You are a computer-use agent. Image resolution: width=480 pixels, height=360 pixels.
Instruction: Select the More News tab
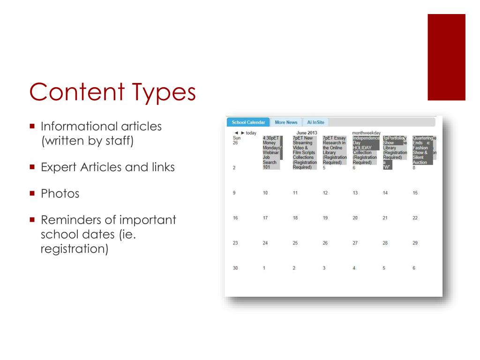click(x=286, y=122)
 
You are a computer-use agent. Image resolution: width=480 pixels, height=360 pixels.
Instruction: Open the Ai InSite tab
click(x=315, y=122)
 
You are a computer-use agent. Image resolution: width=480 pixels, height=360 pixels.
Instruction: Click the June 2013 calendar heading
click(x=307, y=133)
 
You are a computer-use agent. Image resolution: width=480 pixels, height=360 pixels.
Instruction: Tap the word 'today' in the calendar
click(x=251, y=133)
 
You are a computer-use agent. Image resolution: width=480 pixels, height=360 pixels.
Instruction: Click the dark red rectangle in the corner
click(x=446, y=57)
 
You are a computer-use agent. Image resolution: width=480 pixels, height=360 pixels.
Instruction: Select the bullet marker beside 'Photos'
click(x=32, y=193)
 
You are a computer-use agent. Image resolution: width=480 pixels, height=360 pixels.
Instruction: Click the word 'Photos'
click(x=60, y=193)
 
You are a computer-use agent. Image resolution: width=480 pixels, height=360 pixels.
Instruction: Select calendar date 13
click(x=355, y=193)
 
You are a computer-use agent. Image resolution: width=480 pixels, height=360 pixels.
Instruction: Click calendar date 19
click(x=325, y=218)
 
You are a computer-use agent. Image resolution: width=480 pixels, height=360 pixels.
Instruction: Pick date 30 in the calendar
click(x=235, y=268)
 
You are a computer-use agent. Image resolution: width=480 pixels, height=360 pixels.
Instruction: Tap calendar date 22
click(x=415, y=218)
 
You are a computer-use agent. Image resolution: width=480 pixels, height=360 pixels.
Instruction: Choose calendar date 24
click(x=265, y=243)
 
